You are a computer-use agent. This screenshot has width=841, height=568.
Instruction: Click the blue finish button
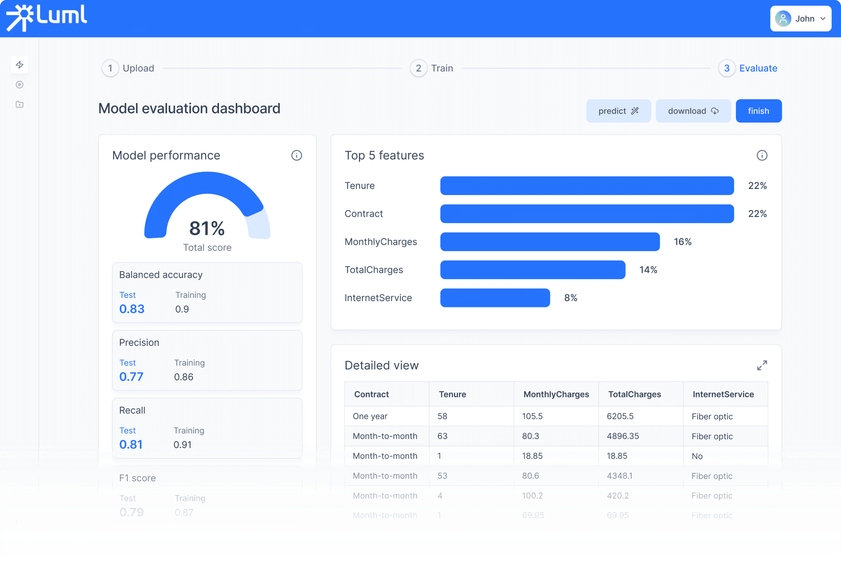(758, 111)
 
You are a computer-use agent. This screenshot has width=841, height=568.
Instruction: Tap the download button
(693, 111)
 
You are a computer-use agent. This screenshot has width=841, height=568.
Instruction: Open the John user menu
(800, 18)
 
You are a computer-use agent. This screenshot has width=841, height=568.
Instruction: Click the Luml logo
(46, 18)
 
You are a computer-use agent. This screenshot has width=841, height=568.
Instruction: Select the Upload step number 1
(110, 68)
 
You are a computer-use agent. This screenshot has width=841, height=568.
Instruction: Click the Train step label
(442, 68)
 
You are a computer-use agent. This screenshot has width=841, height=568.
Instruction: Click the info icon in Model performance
(296, 155)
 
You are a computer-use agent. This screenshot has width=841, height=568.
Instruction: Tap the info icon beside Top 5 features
(762, 155)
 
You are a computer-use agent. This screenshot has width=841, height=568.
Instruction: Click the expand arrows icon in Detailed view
(762, 365)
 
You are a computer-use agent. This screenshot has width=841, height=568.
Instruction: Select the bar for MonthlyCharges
(549, 241)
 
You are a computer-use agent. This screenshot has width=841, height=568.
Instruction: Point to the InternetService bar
(495, 298)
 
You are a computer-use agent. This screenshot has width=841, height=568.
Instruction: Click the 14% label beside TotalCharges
(648, 270)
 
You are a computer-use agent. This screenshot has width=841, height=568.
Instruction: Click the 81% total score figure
(207, 228)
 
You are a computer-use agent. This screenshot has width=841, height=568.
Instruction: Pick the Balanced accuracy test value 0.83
(132, 309)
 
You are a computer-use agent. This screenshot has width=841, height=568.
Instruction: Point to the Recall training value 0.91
(182, 444)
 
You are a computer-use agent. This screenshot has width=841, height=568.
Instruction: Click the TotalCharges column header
(634, 394)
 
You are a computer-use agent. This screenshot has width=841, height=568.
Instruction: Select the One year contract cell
(370, 416)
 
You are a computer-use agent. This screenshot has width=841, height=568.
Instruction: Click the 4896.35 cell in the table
(623, 436)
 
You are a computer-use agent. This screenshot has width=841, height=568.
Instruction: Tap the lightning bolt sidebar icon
(20, 65)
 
